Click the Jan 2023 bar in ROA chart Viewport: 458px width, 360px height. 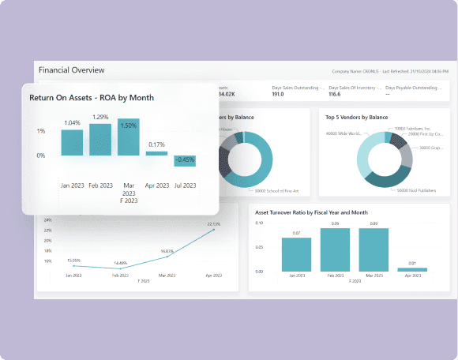(x=72, y=142)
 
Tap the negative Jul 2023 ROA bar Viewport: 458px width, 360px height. (x=185, y=160)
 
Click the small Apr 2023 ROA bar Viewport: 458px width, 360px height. (x=156, y=153)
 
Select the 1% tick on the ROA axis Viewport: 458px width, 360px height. (x=40, y=131)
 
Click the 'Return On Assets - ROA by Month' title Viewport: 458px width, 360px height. (x=91, y=98)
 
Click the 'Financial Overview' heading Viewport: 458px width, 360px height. (x=71, y=69)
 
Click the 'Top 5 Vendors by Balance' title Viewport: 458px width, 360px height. (x=356, y=117)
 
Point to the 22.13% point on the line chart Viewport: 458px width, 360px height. (x=213, y=229)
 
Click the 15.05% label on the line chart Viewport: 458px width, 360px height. (x=73, y=259)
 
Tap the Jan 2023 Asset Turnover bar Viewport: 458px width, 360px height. (x=297, y=254)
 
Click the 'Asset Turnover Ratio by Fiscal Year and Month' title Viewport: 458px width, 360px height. (x=312, y=212)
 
